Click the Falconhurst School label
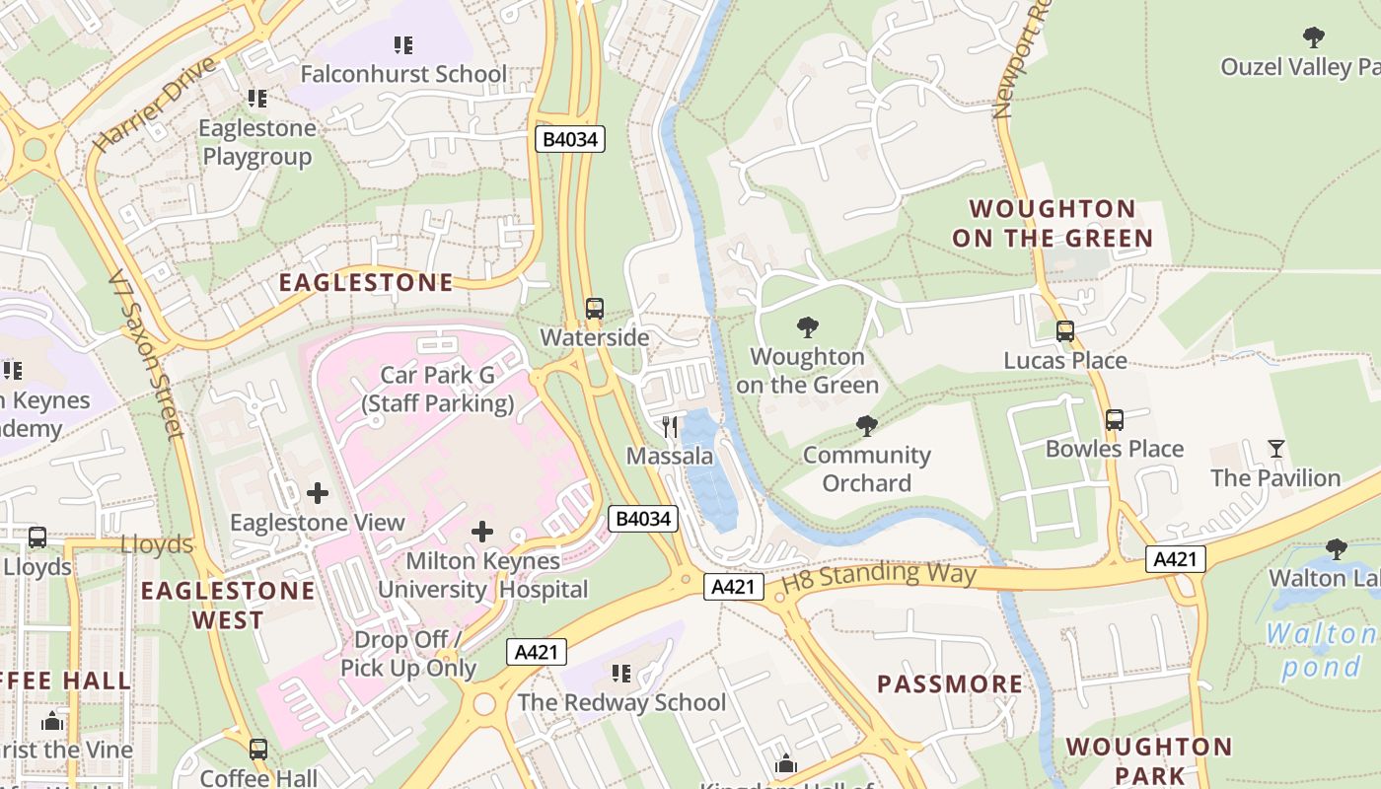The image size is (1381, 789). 402,74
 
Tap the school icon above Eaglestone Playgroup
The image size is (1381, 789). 257,99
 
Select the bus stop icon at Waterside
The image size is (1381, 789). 594,309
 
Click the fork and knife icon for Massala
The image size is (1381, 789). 670,426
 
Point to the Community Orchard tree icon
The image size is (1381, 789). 866,426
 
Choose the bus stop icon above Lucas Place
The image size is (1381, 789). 1065,331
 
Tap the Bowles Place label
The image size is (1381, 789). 1114,449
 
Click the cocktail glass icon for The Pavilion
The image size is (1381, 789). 1276,449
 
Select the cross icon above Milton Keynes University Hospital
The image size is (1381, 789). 482,533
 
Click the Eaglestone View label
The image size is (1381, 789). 318,523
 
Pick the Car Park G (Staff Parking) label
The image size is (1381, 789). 437,390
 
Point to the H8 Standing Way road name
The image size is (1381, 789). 878,576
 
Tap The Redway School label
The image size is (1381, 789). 621,702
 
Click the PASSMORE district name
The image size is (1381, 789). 950,683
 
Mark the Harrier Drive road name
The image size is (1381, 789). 154,105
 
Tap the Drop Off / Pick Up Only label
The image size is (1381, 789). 408,654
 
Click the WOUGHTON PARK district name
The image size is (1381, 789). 1148,760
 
